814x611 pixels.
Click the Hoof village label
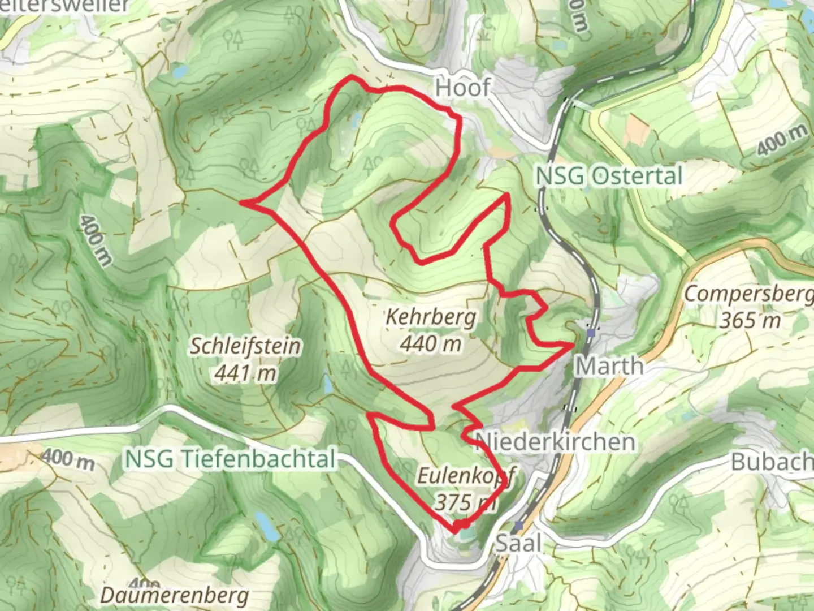pos(462,88)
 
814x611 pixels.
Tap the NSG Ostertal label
pos(609,176)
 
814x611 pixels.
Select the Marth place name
pos(609,366)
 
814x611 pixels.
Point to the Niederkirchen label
pos(555,441)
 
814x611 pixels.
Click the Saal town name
pos(518,544)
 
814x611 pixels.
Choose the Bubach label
pos(772,462)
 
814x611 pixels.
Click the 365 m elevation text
pos(750,321)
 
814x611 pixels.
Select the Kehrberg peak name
pos(430,317)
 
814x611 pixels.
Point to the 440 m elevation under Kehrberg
pos(431,343)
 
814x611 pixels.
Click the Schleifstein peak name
pos(245,346)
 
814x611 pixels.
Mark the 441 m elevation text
pos(245,372)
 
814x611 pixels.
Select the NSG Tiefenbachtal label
pos(231,459)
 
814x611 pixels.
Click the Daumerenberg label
pos(175,595)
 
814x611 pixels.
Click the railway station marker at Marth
pos(591,333)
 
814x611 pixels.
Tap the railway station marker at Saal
pos(518,526)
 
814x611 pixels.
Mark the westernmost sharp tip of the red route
pos(241,201)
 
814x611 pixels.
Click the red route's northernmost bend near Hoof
pos(352,76)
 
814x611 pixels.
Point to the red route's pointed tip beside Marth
pos(574,343)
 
